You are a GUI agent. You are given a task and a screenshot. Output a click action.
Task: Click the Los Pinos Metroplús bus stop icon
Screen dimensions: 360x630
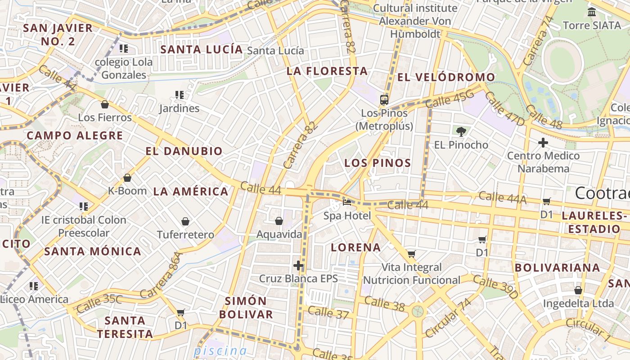pyautogui.click(x=384, y=100)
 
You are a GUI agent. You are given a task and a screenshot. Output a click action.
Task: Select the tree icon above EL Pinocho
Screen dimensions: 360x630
pyautogui.click(x=461, y=132)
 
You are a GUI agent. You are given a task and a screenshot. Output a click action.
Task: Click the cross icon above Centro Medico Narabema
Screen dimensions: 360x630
pyautogui.click(x=543, y=143)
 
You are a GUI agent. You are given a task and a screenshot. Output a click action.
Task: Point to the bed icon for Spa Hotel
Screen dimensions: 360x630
pyautogui.click(x=347, y=202)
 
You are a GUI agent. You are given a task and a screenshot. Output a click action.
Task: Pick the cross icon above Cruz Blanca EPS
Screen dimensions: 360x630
pyautogui.click(x=298, y=265)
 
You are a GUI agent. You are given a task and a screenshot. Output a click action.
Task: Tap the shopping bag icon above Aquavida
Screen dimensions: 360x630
pyautogui.click(x=279, y=221)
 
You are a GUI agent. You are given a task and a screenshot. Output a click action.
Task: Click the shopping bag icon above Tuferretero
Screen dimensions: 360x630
pyautogui.click(x=185, y=221)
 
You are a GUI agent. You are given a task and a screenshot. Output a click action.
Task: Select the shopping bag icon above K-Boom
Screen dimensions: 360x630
pyautogui.click(x=127, y=178)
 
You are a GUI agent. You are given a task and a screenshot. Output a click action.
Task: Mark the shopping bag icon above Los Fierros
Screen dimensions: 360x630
pyautogui.click(x=105, y=105)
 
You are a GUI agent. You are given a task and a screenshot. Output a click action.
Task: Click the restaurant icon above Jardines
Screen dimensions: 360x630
pyautogui.click(x=180, y=95)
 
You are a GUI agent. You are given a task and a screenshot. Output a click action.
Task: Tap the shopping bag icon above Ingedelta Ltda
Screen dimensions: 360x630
pyautogui.click(x=578, y=291)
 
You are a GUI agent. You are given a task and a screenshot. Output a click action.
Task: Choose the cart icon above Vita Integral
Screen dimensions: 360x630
pyautogui.click(x=411, y=254)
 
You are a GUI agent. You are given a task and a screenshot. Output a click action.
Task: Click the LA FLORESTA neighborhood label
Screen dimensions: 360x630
pyautogui.click(x=327, y=71)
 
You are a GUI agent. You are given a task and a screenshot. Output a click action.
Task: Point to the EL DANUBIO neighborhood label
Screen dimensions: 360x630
pyautogui.click(x=184, y=151)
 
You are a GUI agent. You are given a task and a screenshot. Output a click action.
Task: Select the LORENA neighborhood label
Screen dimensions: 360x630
pyautogui.click(x=355, y=247)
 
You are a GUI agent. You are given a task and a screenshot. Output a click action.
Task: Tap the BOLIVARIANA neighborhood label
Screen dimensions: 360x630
pyautogui.click(x=557, y=268)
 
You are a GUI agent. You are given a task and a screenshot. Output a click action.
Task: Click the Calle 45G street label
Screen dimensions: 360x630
pyautogui.click(x=450, y=99)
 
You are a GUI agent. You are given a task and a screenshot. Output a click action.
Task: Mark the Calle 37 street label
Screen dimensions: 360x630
pyautogui.click(x=328, y=312)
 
